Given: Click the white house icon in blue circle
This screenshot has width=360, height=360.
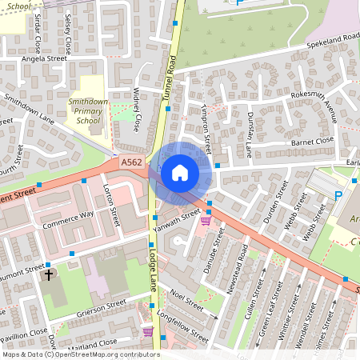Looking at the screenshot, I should click(x=180, y=172).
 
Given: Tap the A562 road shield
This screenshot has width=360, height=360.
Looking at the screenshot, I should click(x=132, y=162).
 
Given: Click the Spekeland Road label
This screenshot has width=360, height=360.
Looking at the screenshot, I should click(x=328, y=38).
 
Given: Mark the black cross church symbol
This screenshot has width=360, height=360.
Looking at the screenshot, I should click(x=48, y=275).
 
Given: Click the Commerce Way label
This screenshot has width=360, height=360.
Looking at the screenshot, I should click(x=69, y=220).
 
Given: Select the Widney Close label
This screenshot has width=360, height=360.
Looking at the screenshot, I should click(x=138, y=109).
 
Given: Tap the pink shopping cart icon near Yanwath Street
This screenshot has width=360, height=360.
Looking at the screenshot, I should click(x=206, y=222).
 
